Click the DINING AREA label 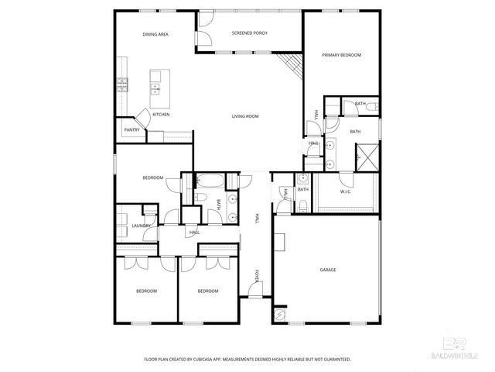[x=155, y=35]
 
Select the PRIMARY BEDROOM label [x=341, y=55]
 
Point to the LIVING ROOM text [x=245, y=116]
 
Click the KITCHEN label [x=161, y=115]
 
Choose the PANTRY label [x=131, y=130]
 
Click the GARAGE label [x=328, y=270]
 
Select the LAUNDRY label [x=141, y=226]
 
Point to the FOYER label [x=258, y=276]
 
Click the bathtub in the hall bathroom [x=210, y=182]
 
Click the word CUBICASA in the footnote [x=203, y=360]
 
